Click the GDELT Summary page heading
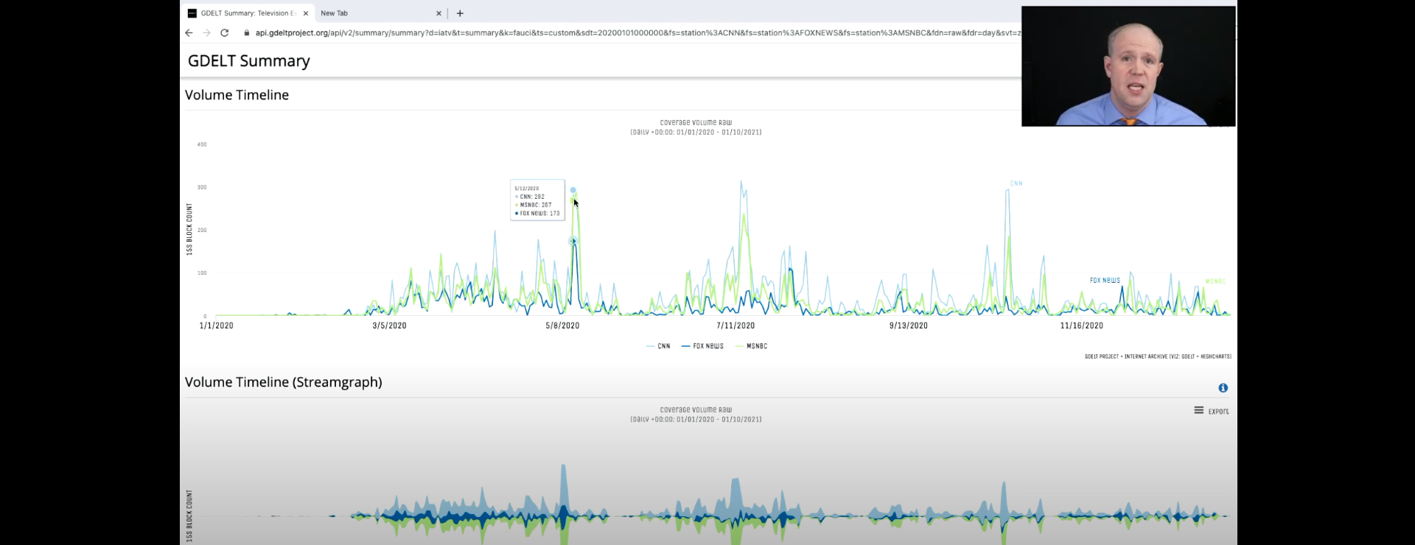[x=248, y=61]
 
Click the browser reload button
[x=225, y=33]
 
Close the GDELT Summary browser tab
[x=306, y=13]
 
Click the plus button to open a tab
[x=460, y=13]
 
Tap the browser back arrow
[x=189, y=33]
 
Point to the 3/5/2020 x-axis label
[x=389, y=326]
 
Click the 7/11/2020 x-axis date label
[x=736, y=326]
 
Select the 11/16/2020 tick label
[x=1081, y=326]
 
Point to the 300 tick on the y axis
[x=202, y=187]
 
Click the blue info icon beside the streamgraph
[x=1223, y=388]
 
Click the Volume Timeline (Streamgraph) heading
[x=283, y=382]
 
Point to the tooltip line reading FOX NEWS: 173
[x=539, y=214]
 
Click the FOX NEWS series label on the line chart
[x=1105, y=281]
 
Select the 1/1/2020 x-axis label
[x=216, y=326]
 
